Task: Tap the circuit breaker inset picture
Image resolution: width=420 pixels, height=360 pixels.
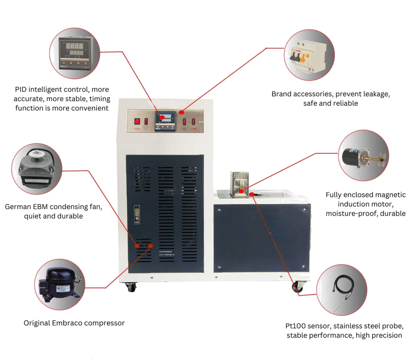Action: coord(309,55)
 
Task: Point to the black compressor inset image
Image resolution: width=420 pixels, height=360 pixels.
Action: coord(60,285)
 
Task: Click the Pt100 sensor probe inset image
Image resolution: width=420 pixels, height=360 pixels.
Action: coord(342,290)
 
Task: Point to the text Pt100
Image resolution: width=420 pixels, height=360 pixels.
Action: coord(295,326)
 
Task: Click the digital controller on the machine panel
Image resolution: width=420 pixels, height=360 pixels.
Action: coord(165,120)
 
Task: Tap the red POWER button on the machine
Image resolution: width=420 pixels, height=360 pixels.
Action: coord(137,121)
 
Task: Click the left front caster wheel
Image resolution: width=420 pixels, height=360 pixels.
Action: coord(130,287)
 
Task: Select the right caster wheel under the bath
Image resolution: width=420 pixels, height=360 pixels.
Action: coord(297,287)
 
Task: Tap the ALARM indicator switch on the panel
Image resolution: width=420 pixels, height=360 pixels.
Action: coord(193,121)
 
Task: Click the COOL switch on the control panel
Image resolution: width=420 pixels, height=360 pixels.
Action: coord(184,121)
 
